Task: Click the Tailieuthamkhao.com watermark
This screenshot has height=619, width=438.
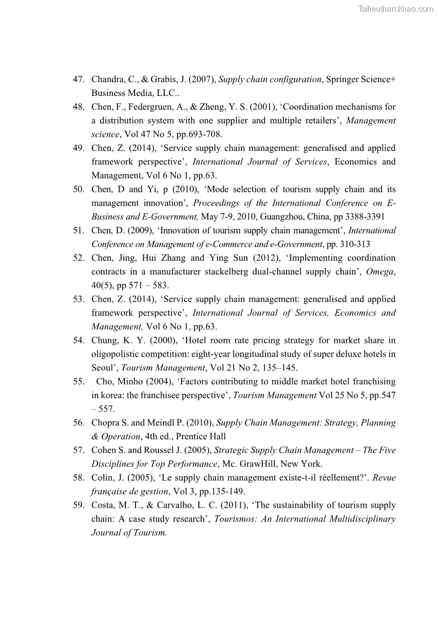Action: [x=395, y=8]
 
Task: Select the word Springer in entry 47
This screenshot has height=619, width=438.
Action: [x=343, y=79]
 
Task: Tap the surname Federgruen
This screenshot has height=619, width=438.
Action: [x=152, y=107]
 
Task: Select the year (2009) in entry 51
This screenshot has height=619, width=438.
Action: [x=140, y=230]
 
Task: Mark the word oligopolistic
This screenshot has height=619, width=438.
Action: [x=116, y=354]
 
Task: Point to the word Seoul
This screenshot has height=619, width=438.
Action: [x=103, y=368]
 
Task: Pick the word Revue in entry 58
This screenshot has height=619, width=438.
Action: [x=384, y=478]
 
